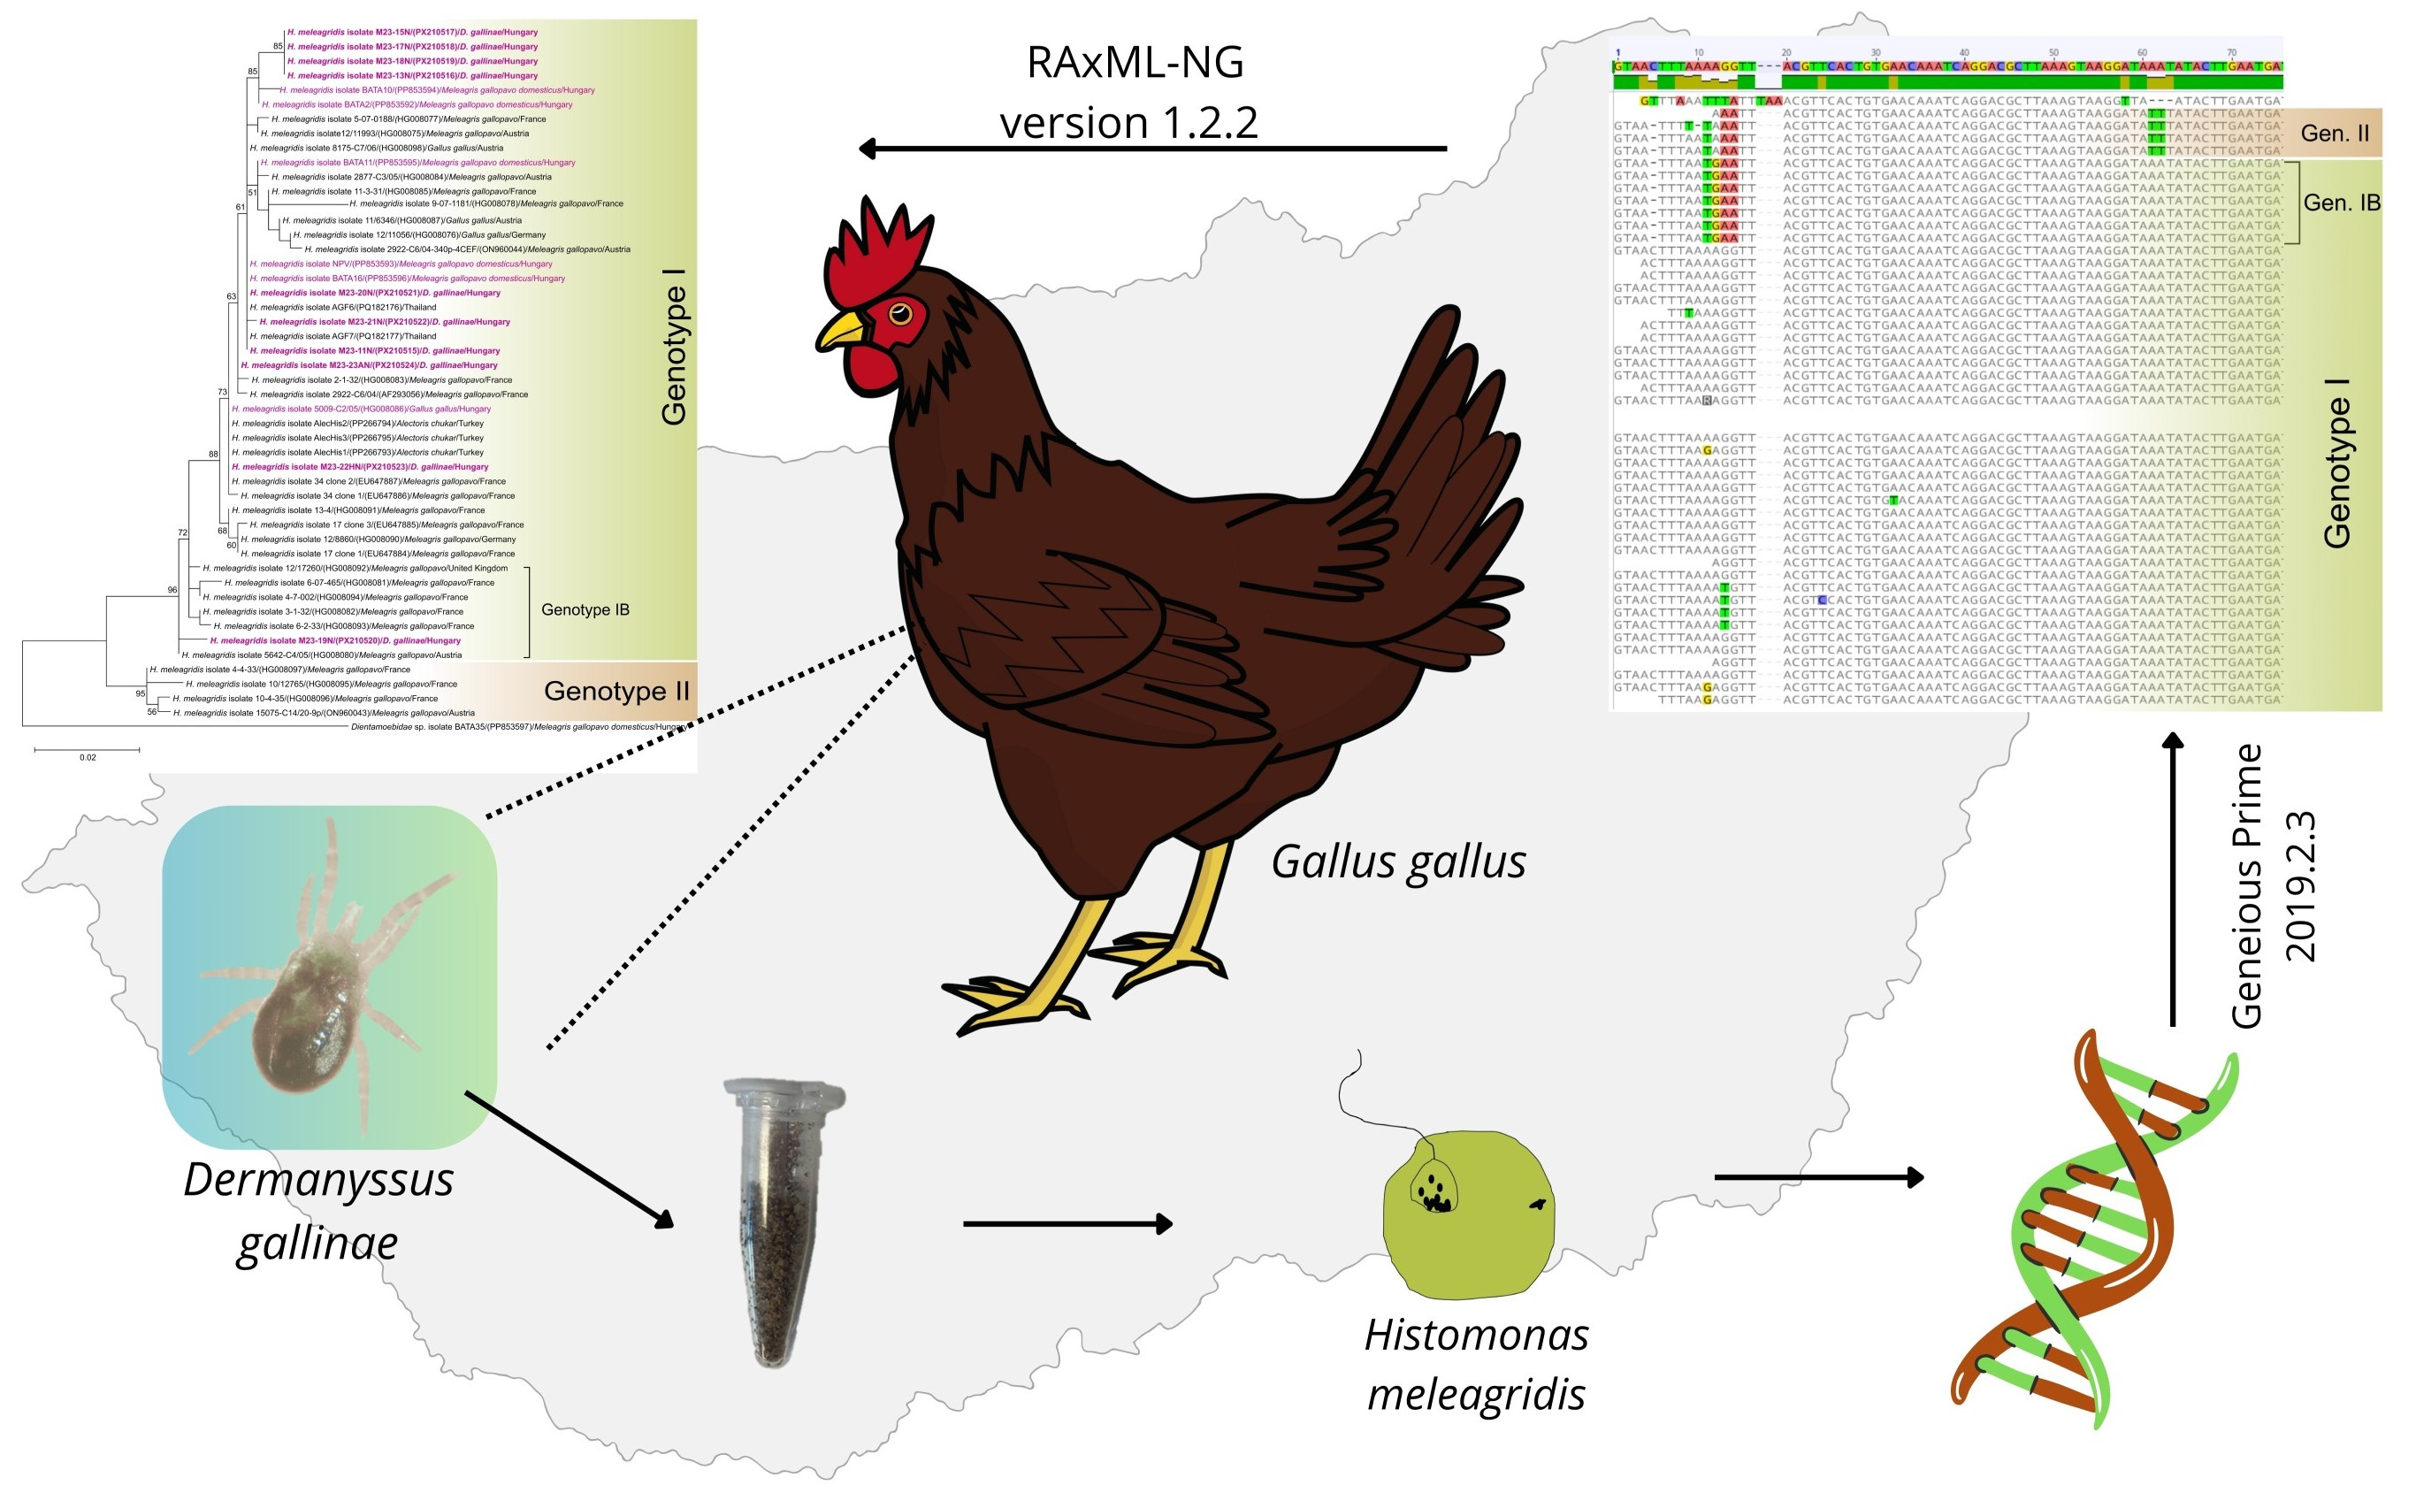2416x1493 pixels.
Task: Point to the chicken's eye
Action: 900,314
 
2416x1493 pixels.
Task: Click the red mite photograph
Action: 329,976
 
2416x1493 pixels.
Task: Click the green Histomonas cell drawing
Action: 1468,1214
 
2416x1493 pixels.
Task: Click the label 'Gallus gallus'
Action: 1398,861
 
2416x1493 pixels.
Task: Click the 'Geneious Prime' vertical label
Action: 2247,885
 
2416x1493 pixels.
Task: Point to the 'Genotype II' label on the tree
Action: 616,691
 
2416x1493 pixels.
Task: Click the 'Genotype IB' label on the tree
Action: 585,610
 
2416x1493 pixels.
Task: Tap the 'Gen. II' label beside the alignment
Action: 2334,134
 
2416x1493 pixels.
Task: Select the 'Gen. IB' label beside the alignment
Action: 2341,203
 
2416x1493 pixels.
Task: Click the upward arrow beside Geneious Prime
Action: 2173,879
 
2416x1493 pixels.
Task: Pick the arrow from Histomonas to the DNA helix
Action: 1819,1177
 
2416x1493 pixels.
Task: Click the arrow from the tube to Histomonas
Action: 1067,1223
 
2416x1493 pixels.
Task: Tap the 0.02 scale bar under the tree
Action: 87,752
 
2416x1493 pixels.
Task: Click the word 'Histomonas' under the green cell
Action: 1476,1335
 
